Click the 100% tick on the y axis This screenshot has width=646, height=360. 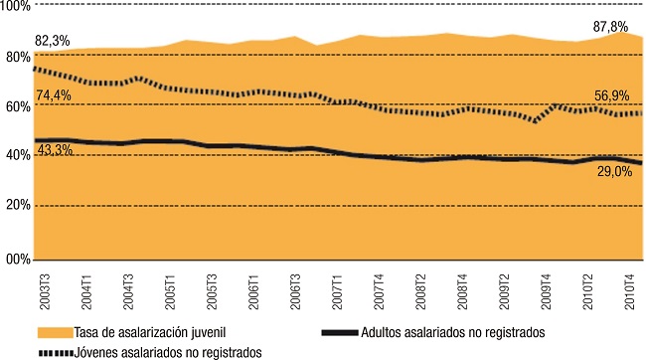16,8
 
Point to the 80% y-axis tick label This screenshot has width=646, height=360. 17,57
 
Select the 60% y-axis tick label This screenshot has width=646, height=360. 17,106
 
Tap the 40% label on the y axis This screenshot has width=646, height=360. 17,156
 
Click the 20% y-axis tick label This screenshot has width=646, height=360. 17,206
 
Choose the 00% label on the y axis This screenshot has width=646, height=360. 17,260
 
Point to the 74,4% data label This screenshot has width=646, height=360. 55,95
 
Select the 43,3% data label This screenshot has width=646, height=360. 55,149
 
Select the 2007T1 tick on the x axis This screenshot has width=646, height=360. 338,289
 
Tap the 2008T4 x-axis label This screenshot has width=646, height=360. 465,289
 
